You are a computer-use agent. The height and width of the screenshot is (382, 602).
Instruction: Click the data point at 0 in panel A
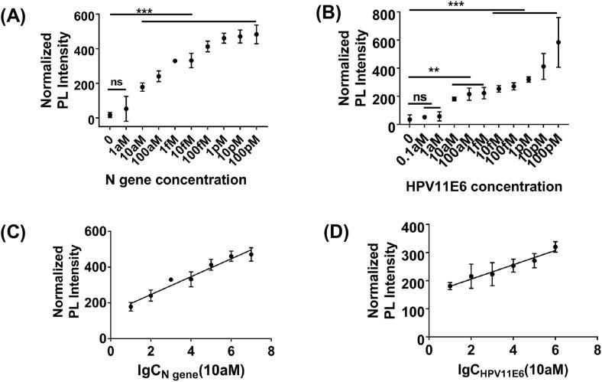point(110,115)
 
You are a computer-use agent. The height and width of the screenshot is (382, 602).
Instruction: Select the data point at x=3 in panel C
point(170,279)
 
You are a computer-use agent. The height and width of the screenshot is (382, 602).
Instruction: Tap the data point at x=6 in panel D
point(555,247)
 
